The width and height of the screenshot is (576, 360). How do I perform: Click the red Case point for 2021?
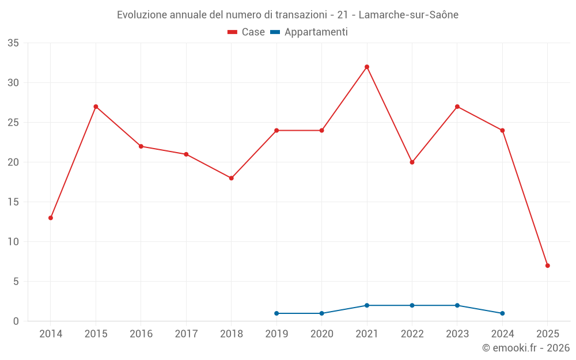(x=367, y=67)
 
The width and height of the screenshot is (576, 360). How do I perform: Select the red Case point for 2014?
(x=51, y=218)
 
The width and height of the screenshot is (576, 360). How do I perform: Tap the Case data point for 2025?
(x=548, y=266)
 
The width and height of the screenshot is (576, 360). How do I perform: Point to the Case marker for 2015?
(x=96, y=107)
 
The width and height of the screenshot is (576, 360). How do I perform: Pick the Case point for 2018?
(x=231, y=178)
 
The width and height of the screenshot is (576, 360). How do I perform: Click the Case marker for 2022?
(x=412, y=162)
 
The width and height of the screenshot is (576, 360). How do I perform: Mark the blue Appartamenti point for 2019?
(x=276, y=313)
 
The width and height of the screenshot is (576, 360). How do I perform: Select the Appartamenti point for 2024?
(x=502, y=313)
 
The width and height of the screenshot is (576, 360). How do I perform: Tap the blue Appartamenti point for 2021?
(x=367, y=305)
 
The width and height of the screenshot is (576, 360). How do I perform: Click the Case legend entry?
(x=246, y=32)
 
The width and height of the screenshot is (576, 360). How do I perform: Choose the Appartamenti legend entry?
(x=309, y=32)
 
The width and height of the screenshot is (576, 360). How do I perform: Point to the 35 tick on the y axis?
(x=13, y=43)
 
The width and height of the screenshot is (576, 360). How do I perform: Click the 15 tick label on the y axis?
(x=13, y=202)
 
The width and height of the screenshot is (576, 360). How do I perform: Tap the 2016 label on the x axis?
(x=141, y=334)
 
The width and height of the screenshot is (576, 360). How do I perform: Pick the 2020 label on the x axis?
(x=321, y=334)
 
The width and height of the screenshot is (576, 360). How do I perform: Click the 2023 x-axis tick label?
(x=457, y=334)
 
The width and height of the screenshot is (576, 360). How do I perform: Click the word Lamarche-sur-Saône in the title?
(x=408, y=15)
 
